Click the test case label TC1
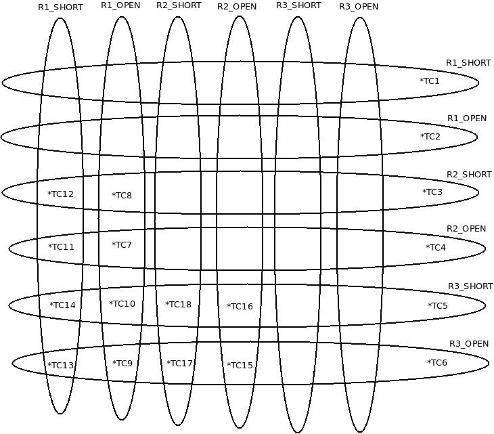click(430, 81)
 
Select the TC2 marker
click(430, 137)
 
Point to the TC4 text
click(436, 248)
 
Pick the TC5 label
click(437, 306)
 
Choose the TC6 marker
click(437, 363)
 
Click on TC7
click(122, 245)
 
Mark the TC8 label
click(122, 196)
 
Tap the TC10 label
click(122, 304)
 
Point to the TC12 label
click(60, 195)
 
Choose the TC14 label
click(62, 305)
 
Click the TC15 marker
click(240, 366)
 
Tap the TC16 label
click(240, 307)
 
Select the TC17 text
click(179, 364)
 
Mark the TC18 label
click(178, 305)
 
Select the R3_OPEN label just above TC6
click(469, 344)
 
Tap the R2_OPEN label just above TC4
click(466, 229)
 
